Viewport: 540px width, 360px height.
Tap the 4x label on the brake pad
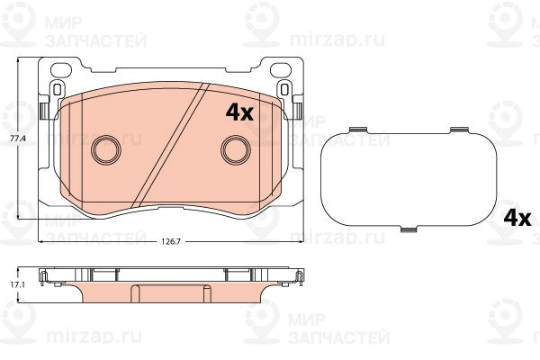(x=239, y=112)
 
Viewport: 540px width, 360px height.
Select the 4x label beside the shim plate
(x=517, y=218)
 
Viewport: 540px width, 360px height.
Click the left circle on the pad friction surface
(x=106, y=150)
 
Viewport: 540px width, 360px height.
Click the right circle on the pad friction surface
(x=236, y=150)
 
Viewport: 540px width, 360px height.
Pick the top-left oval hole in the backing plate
(x=61, y=70)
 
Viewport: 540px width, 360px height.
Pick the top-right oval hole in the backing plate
(x=281, y=70)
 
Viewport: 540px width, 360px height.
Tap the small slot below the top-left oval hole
(x=58, y=89)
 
